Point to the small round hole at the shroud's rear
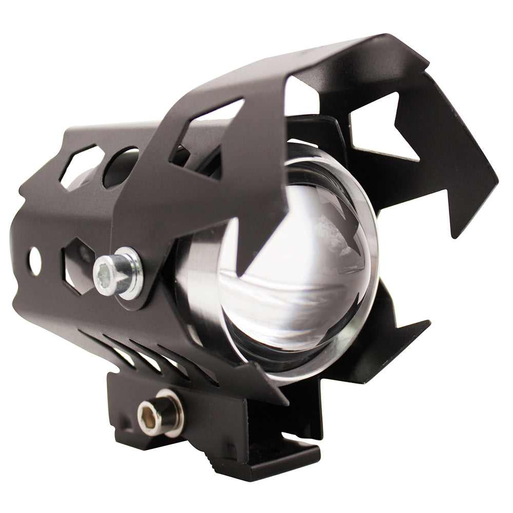click(x=35, y=261)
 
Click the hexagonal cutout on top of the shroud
click(x=81, y=165)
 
